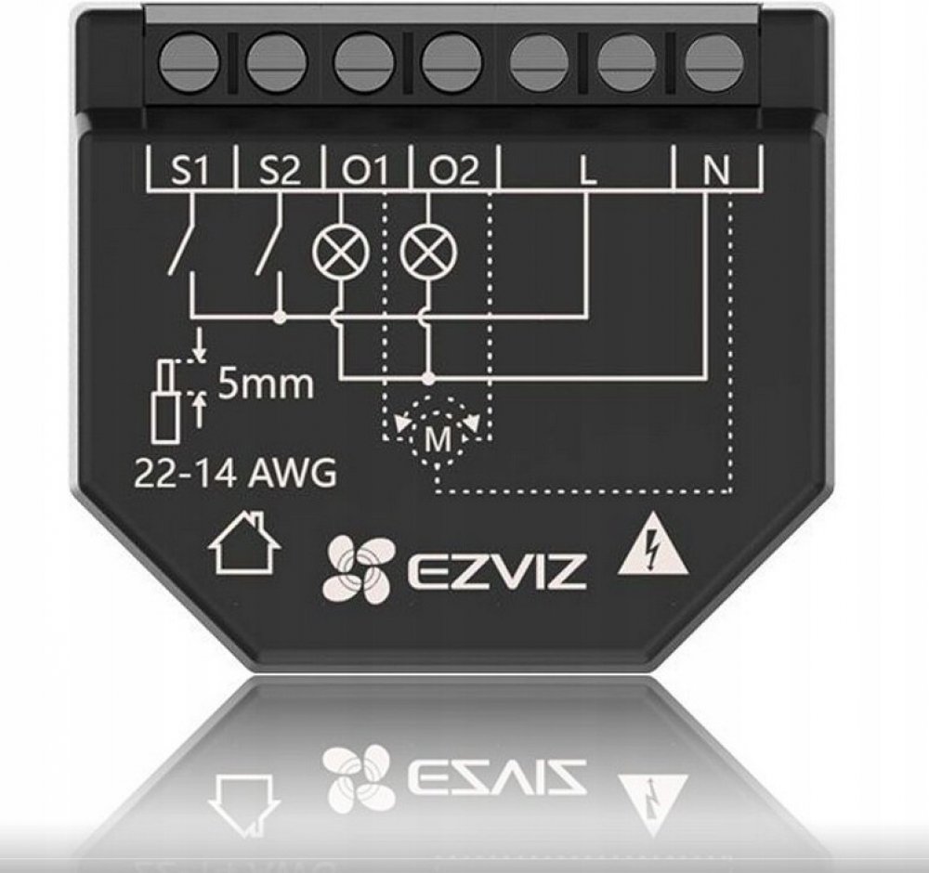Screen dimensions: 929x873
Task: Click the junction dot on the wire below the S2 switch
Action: (x=281, y=318)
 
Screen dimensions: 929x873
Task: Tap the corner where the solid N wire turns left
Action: (x=704, y=375)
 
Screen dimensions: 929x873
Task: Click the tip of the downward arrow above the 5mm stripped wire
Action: (x=201, y=358)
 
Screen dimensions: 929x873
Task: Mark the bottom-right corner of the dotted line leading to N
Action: (x=730, y=491)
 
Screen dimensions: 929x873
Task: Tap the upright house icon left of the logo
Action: (x=242, y=543)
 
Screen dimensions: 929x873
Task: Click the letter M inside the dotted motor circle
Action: (x=438, y=439)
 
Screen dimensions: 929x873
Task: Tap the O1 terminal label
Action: (x=364, y=171)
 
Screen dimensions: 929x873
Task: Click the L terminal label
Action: (x=588, y=171)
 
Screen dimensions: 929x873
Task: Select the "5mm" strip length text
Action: (x=266, y=385)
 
